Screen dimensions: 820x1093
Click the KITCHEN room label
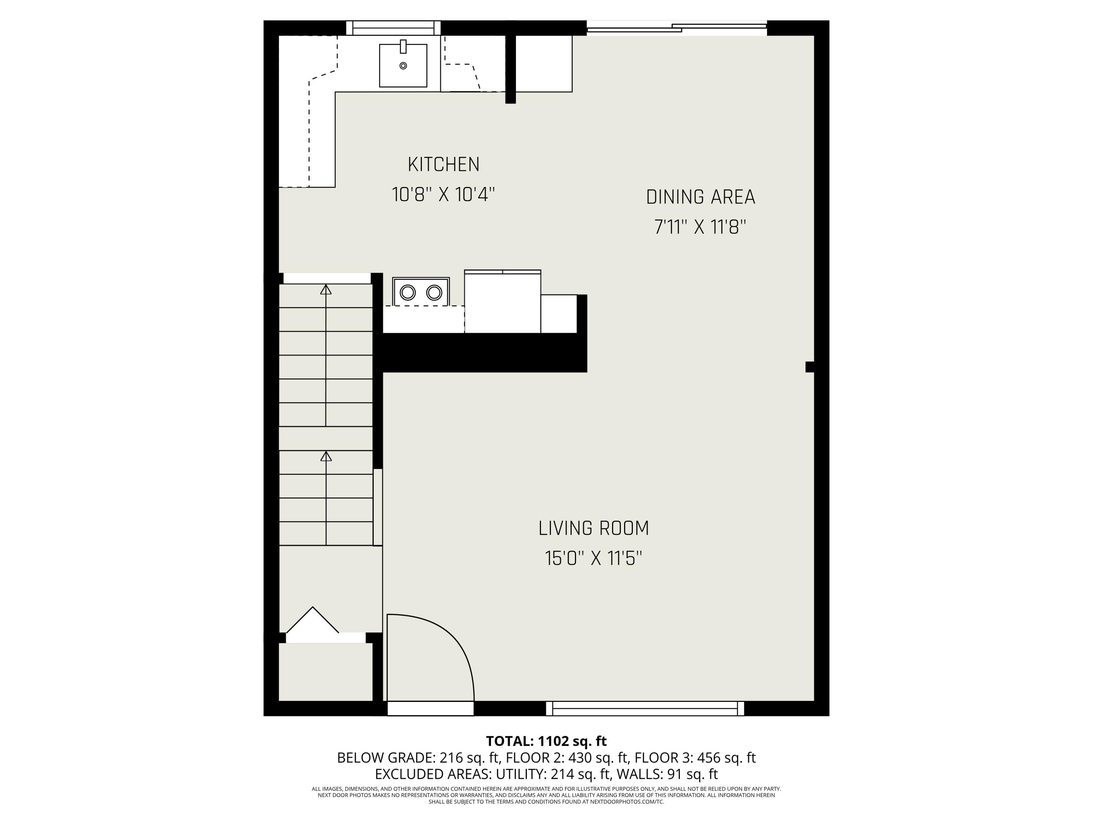click(x=443, y=165)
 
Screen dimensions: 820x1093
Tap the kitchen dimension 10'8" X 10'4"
click(x=443, y=195)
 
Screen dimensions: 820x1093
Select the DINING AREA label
click(x=700, y=197)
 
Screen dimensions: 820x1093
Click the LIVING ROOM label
click(x=593, y=528)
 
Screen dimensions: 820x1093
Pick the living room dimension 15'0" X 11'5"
click(x=593, y=559)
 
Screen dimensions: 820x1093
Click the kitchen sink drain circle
click(x=403, y=66)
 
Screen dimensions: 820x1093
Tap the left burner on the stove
click(x=408, y=293)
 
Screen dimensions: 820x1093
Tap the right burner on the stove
click(x=434, y=293)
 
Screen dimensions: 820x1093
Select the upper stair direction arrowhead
click(x=326, y=290)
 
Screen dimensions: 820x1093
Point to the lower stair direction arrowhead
click(x=326, y=456)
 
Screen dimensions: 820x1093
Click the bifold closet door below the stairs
click(x=313, y=621)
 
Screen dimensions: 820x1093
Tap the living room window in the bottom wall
click(x=645, y=708)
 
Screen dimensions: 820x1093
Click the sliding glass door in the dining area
click(x=677, y=28)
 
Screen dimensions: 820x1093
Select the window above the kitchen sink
click(x=393, y=28)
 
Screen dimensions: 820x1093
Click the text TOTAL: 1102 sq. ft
click(x=546, y=741)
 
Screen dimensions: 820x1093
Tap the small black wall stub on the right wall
click(x=810, y=367)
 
